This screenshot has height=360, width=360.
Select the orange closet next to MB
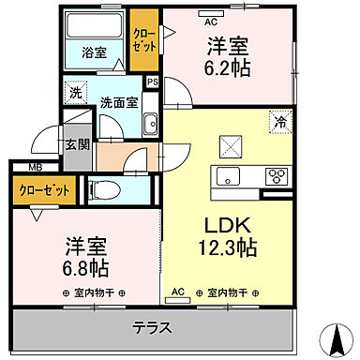(x=46, y=190)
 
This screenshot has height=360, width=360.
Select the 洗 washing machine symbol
(x=75, y=94)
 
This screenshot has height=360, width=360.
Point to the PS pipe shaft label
(x=151, y=83)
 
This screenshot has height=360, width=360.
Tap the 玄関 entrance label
(x=76, y=144)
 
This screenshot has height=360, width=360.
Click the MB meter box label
(x=34, y=168)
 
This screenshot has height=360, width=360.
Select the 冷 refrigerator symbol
(x=278, y=120)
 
